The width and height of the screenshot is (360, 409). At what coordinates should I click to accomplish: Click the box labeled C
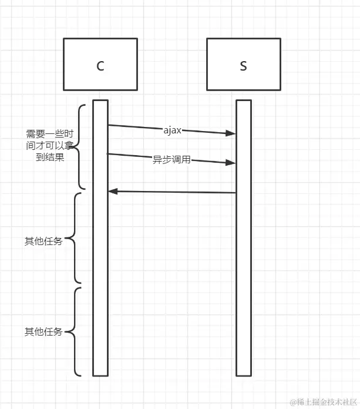[x=100, y=65]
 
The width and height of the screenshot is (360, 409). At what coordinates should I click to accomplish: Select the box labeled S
[x=243, y=65]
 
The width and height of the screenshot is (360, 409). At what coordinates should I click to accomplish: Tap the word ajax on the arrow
[x=172, y=130]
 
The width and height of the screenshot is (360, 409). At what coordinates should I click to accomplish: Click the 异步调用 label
[x=171, y=159]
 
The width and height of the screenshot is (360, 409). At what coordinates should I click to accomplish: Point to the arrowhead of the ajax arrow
[x=233, y=134]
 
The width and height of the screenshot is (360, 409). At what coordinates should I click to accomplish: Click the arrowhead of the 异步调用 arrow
[x=233, y=163]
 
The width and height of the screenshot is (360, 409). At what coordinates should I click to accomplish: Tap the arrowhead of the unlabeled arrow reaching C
[x=112, y=191]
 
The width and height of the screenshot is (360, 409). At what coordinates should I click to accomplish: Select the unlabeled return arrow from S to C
[x=173, y=192]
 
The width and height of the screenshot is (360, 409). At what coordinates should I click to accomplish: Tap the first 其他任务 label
[x=43, y=242]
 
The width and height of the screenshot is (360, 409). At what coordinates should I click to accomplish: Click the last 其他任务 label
[x=43, y=332]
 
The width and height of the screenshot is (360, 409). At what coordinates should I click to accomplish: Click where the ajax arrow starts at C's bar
[x=109, y=125]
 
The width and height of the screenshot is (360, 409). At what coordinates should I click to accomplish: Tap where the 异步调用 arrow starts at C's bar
[x=108, y=154]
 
